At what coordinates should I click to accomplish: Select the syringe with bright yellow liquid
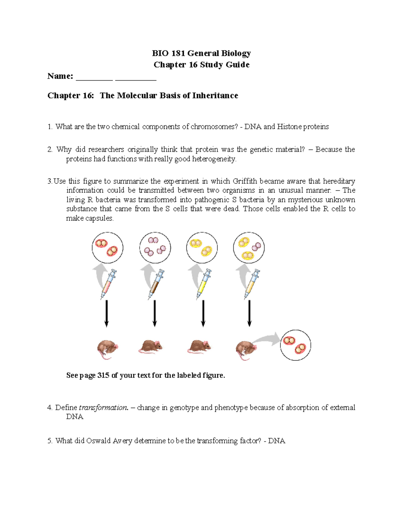pos(204,284)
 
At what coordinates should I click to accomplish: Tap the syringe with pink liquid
pos(108,284)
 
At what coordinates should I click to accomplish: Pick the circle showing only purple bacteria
pos(155,247)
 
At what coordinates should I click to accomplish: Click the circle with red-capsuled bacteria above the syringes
pos(107,247)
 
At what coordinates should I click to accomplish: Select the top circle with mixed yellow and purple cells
pos(249,247)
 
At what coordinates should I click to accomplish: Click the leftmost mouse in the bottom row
pos(107,349)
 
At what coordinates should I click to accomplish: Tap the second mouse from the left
pos(151,346)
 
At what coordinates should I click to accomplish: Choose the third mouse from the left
pos(199,346)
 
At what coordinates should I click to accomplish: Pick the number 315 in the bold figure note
pos(103,375)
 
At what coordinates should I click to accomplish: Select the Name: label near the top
pos(60,76)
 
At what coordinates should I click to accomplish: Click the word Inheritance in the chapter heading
pos(215,96)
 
